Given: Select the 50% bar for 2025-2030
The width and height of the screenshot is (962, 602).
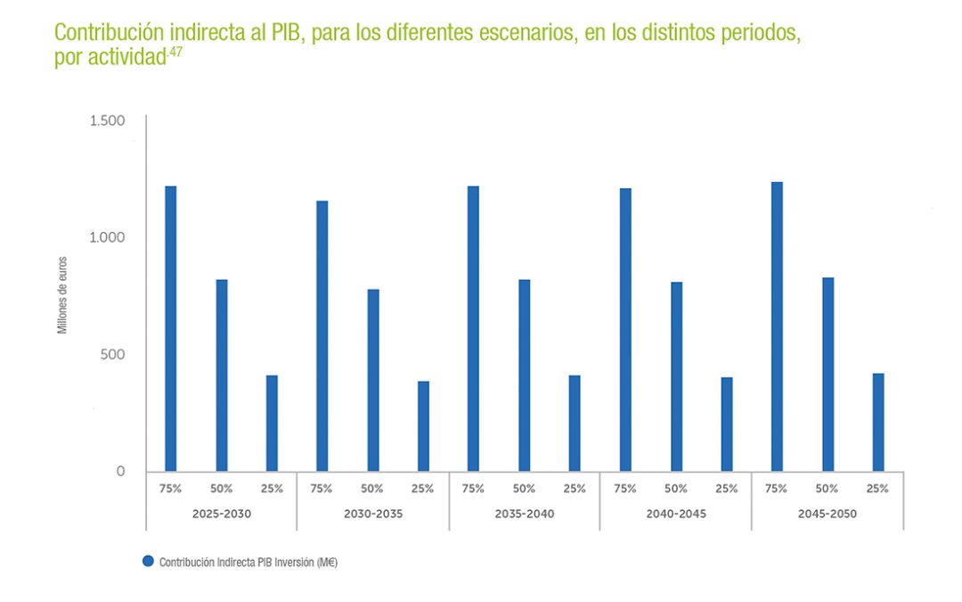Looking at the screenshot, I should click(x=222, y=375).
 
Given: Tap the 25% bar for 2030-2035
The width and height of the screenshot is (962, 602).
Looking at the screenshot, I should click(x=423, y=426).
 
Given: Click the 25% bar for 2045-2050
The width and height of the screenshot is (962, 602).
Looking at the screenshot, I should click(x=878, y=422).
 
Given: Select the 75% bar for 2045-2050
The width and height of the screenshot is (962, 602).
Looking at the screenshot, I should click(x=777, y=326).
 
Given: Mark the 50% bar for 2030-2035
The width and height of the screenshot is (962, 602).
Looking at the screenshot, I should click(x=372, y=380).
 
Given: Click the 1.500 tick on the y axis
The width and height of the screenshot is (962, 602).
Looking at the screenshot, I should click(x=108, y=120).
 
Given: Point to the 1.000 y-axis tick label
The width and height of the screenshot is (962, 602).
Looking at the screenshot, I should click(x=108, y=237).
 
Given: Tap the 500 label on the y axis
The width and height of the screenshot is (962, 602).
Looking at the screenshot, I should click(x=113, y=354).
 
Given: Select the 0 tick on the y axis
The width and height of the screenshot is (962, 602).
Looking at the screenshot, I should click(x=121, y=471).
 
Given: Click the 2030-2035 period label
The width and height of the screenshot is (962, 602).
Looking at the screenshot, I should click(x=372, y=515).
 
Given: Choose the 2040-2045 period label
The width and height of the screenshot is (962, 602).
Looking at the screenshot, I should click(x=676, y=515).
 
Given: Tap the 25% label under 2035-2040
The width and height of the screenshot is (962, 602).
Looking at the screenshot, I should click(x=575, y=489).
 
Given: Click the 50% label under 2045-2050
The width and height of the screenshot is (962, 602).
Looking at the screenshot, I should click(x=827, y=489).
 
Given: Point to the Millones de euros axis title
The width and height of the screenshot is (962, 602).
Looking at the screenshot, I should click(x=62, y=295).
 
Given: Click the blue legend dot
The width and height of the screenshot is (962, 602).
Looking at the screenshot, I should click(x=148, y=562).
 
